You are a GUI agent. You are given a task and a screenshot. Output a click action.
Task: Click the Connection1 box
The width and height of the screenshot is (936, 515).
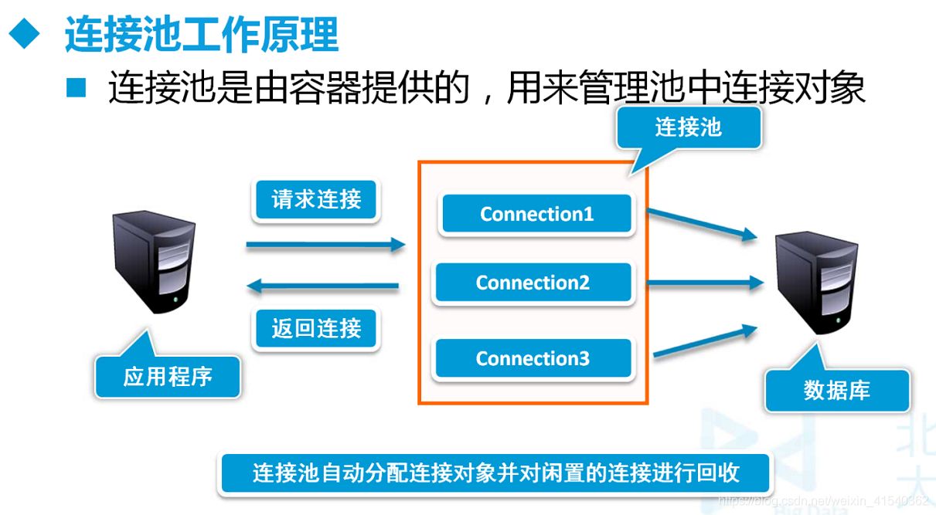click(536, 214)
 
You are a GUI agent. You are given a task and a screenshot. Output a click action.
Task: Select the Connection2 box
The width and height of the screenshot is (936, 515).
click(533, 283)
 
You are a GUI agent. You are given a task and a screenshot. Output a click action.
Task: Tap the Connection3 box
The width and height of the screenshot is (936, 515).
click(533, 359)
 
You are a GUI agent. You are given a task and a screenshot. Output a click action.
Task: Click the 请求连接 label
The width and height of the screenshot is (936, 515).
click(316, 200)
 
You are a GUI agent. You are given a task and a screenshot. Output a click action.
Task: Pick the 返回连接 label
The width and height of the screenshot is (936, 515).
click(316, 330)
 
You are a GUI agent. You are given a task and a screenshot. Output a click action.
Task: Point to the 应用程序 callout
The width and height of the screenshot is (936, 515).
click(168, 377)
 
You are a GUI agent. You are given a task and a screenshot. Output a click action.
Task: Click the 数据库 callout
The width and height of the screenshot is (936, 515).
click(836, 390)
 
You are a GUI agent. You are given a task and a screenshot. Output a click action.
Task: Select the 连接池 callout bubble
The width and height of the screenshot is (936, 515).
click(688, 127)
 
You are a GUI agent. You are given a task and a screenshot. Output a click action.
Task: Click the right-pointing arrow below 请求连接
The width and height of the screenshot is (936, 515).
click(325, 246)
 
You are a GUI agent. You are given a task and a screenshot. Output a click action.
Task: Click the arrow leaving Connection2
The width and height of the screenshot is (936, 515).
click(703, 283)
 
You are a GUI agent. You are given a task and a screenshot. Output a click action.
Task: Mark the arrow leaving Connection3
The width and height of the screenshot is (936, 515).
click(703, 341)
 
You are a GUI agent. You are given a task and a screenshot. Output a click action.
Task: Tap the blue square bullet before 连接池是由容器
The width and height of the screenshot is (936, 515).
click(77, 86)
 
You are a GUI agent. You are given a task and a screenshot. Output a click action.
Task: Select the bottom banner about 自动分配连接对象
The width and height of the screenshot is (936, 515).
click(495, 473)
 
